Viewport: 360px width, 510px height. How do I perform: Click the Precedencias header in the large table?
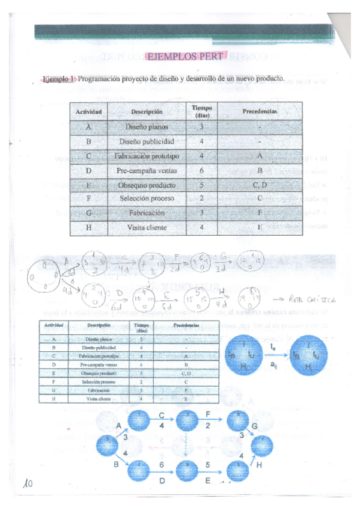tap(259, 111)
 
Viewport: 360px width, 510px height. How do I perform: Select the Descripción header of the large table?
tap(147, 111)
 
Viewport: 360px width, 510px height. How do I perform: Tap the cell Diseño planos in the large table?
tap(147, 127)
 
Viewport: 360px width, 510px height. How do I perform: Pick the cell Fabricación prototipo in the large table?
tap(147, 156)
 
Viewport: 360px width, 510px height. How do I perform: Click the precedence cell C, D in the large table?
tap(259, 185)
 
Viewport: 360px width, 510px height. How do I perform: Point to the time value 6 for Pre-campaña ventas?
tap(202, 171)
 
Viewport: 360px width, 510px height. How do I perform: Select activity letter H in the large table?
tap(89, 228)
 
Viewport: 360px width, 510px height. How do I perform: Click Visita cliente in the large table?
tap(147, 228)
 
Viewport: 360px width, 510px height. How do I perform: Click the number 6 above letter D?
tap(162, 466)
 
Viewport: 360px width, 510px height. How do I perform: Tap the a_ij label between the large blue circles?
tap(273, 366)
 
